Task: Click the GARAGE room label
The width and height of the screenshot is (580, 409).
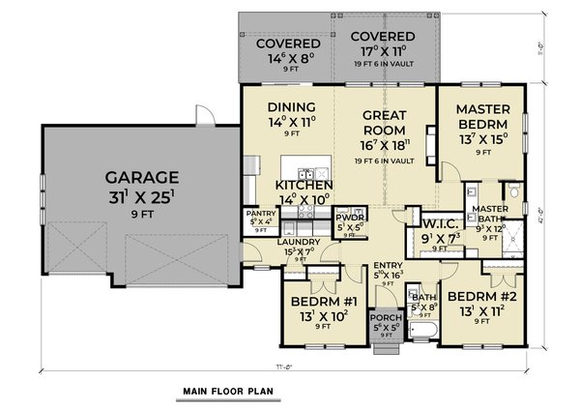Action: click(141, 177)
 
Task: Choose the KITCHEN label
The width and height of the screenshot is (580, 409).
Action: click(304, 185)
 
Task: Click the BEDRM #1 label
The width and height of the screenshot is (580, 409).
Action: click(324, 302)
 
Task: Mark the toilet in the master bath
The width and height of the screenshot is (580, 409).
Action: click(516, 204)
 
